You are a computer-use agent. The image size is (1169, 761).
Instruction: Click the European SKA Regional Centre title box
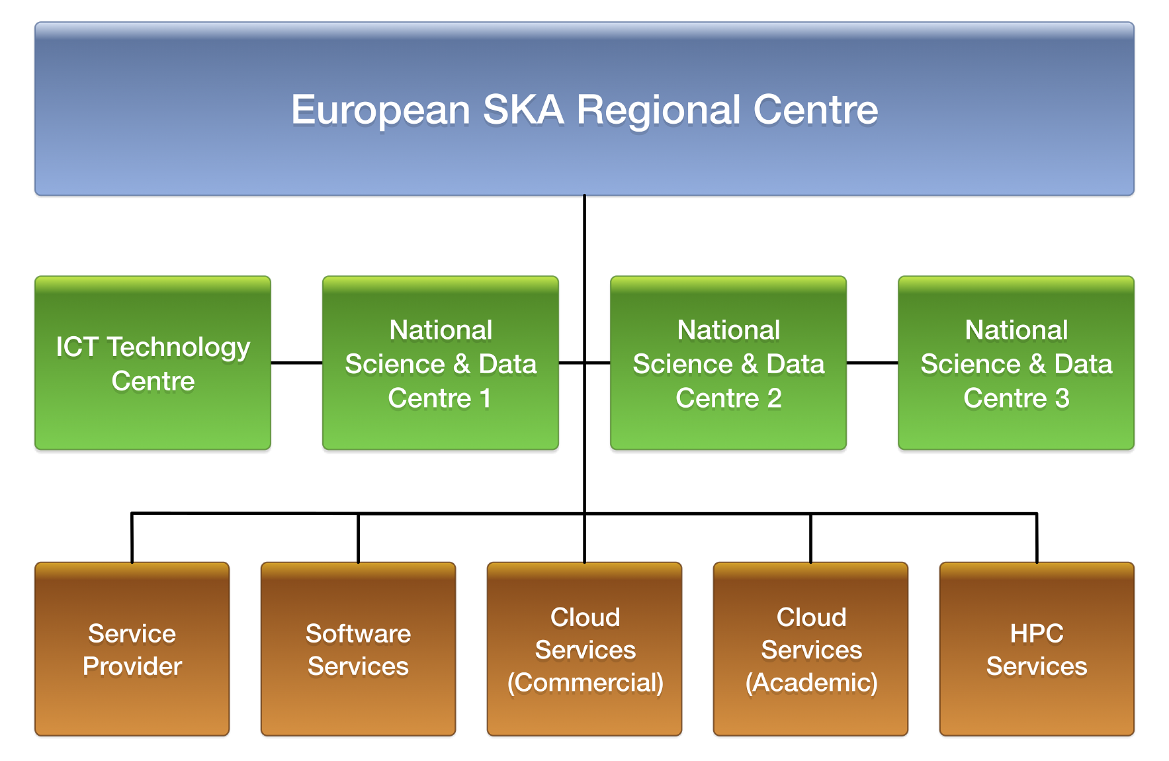coord(584,109)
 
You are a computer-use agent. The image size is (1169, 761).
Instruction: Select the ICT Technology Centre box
coord(153,363)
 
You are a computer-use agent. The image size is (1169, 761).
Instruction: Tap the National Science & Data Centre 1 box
coord(441,363)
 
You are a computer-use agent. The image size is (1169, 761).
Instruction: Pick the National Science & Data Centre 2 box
coord(728,363)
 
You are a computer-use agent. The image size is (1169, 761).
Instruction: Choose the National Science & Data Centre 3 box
coord(1016,363)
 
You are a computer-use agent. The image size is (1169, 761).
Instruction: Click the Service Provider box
coord(132,649)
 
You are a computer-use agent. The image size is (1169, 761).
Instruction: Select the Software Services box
coord(359,649)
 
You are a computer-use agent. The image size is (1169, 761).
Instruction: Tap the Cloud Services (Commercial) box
coord(585,649)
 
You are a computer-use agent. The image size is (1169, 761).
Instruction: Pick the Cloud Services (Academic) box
coord(811,649)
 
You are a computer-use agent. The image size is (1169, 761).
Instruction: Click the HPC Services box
coord(1037,649)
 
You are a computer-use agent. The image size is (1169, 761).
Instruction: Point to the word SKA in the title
coord(523,109)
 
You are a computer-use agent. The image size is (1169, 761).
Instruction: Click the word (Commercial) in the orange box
coord(585,683)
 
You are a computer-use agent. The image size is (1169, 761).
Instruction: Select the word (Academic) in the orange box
coord(812,683)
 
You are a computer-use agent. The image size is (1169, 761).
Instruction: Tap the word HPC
coord(1037,633)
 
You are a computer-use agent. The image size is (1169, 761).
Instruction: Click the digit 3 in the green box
coord(1062,398)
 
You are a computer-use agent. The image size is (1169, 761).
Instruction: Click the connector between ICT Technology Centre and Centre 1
coord(297,363)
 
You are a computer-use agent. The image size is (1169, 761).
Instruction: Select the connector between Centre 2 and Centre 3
coord(873,363)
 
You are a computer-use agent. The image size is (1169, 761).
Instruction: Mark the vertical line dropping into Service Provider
coord(132,538)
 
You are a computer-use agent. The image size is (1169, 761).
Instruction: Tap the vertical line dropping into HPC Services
coord(1037,538)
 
